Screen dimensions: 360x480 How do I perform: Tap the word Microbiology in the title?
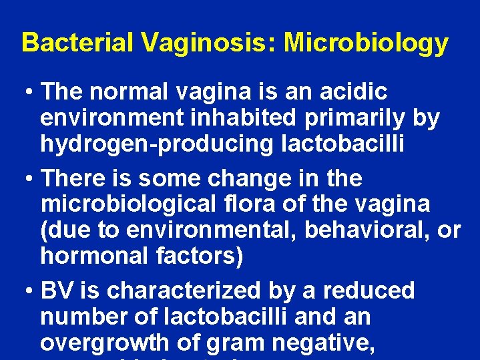[366, 43]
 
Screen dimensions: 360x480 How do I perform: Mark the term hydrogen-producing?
[156, 144]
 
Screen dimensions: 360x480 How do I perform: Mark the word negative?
[323, 342]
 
